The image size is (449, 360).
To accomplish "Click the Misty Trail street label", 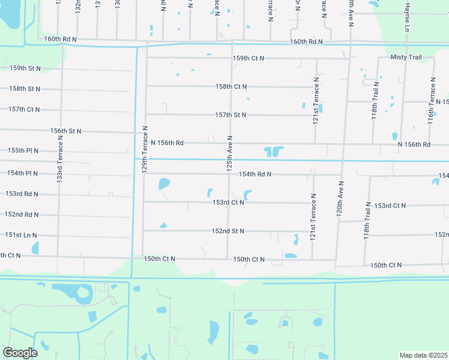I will (x=406, y=58).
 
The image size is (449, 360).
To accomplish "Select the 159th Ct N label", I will (x=249, y=58).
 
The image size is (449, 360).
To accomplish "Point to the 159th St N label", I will (x=25, y=68).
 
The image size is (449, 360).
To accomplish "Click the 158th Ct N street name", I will (x=231, y=87).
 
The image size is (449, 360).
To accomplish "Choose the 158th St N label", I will (x=25, y=89).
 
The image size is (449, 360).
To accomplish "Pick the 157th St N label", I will (x=231, y=115).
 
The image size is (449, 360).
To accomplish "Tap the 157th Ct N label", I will (x=25, y=109).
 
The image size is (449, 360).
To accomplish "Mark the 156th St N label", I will (x=66, y=131).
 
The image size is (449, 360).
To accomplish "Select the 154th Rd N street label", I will (x=255, y=174).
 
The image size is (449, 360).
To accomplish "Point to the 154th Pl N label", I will (x=23, y=173).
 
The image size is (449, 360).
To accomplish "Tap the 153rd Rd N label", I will (x=22, y=194).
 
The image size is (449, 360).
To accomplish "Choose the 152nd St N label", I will (x=228, y=231).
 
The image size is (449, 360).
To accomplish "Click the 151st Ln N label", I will (x=22, y=235).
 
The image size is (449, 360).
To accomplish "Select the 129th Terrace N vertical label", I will (x=145, y=150).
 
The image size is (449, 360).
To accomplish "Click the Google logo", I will (x=20, y=353).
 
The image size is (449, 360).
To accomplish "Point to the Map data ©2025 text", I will (x=423, y=355).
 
